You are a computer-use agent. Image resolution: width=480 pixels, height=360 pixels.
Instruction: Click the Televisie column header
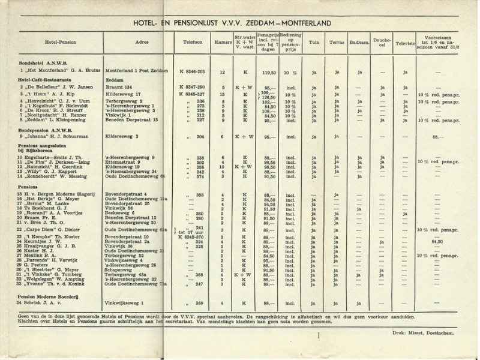[405, 43]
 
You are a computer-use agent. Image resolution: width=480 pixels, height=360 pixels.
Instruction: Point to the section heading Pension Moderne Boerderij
[53, 296]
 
